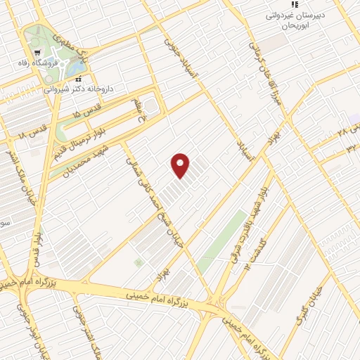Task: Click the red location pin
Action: tap(181, 165)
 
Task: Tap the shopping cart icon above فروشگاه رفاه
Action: tap(37, 53)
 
